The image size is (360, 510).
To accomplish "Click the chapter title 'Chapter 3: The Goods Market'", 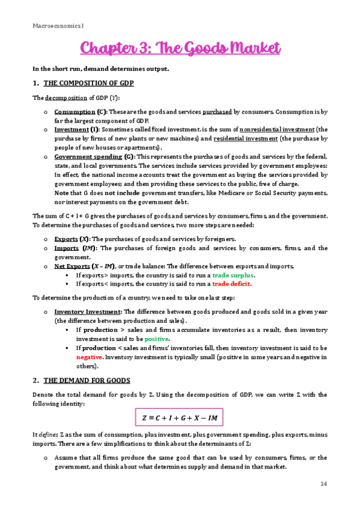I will pos(180,48).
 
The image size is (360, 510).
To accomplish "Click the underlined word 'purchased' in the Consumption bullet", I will pos(218,112).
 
